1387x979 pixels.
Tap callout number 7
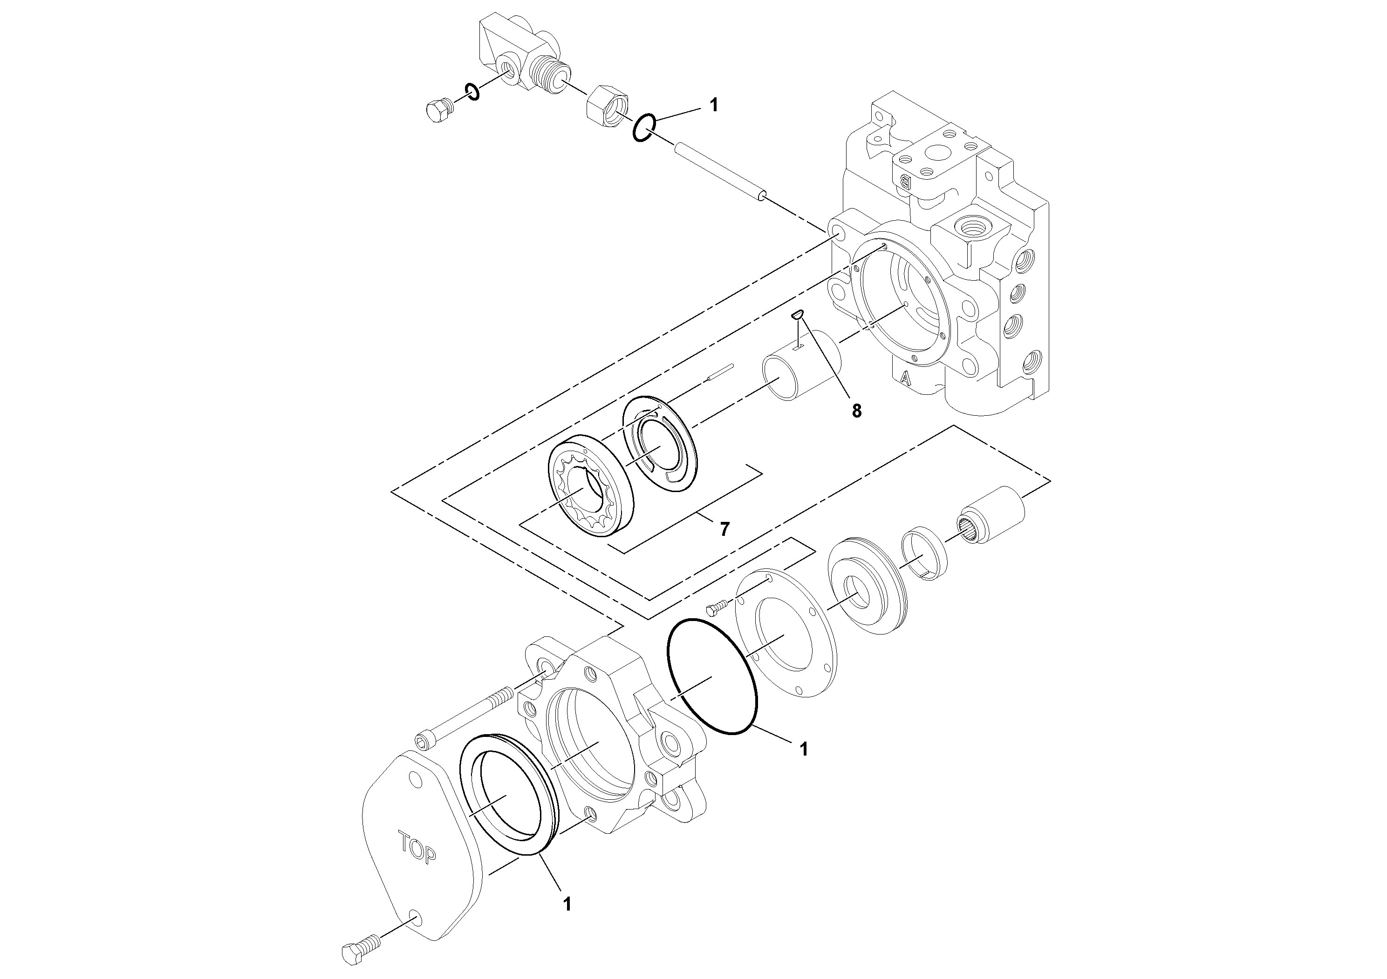[x=724, y=529]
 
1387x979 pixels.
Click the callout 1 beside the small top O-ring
[x=714, y=105]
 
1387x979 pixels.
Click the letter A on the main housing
[x=904, y=378]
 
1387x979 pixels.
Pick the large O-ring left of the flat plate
[x=712, y=676]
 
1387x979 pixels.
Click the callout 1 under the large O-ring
[x=803, y=749]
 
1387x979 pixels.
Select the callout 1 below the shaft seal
[x=566, y=920]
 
